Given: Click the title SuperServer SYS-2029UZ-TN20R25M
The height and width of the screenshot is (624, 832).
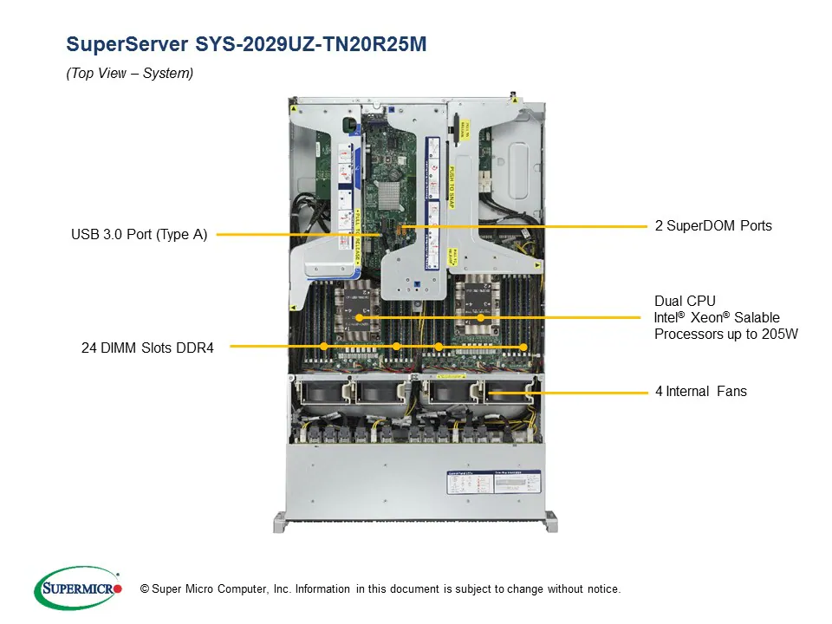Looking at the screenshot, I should (246, 44).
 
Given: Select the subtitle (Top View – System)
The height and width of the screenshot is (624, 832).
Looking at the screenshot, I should (130, 74).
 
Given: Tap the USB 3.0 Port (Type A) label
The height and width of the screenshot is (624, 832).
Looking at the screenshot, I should (139, 234).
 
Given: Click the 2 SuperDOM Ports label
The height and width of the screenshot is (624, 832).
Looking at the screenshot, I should (712, 226).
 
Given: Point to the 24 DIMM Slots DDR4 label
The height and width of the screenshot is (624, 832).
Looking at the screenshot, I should (147, 348).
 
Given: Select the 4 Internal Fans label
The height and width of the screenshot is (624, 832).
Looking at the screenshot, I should (700, 392).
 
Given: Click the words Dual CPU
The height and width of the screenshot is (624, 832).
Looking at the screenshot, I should (685, 301).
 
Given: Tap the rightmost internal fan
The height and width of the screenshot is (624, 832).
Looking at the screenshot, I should (507, 393).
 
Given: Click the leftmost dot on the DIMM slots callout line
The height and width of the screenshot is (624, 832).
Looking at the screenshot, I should (323, 346).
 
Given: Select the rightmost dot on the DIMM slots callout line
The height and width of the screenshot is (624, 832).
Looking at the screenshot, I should (523, 347).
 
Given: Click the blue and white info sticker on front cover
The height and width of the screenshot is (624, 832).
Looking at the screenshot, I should (494, 484).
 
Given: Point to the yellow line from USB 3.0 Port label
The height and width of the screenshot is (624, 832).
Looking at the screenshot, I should (295, 234).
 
